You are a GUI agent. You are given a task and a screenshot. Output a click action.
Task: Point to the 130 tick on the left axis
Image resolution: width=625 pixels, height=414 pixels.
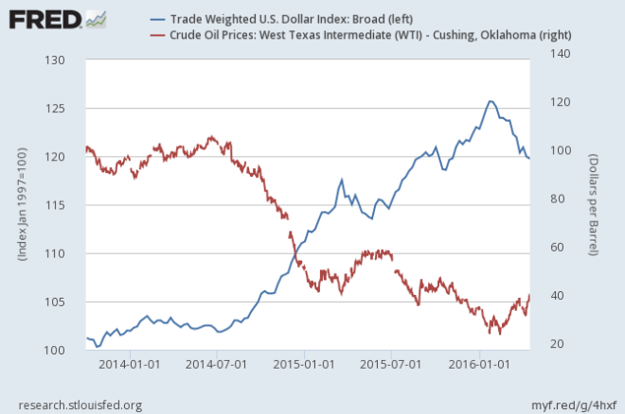click(64, 60)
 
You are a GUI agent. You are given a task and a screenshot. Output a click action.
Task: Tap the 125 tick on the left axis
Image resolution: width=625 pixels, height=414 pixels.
click(64, 108)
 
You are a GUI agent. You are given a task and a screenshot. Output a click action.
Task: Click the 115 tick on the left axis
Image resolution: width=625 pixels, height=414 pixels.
click(64, 205)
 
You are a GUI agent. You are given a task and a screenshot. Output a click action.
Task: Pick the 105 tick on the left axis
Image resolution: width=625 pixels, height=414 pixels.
click(64, 302)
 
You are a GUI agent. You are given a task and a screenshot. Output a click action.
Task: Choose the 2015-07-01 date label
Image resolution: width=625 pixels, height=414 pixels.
click(391, 363)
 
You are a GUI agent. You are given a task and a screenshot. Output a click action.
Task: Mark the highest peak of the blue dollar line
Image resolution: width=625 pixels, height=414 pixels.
click(490, 101)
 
